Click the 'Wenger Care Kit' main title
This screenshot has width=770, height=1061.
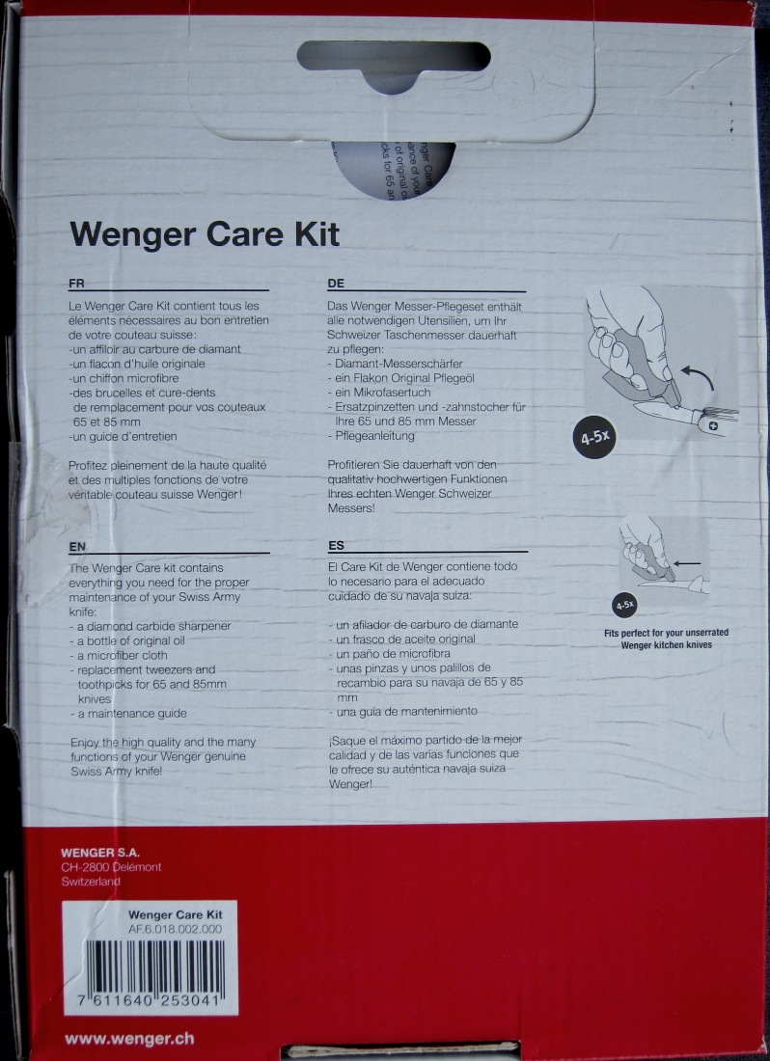(x=205, y=234)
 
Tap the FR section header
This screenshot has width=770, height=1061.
(x=76, y=284)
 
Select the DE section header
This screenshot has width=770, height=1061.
(x=336, y=284)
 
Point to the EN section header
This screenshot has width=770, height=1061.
(x=77, y=546)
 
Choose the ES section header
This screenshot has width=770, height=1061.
(x=337, y=545)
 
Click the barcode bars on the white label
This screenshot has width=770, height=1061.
(x=151, y=966)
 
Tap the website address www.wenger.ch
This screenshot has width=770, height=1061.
(x=129, y=1039)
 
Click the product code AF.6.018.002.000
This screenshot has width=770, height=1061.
(x=175, y=929)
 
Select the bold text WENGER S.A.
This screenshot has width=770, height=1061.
(x=100, y=853)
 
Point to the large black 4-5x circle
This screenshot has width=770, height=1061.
(x=594, y=437)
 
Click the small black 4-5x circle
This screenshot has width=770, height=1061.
(x=624, y=605)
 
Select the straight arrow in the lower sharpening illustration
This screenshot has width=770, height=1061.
(x=686, y=563)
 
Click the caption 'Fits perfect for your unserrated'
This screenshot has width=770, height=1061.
(x=667, y=633)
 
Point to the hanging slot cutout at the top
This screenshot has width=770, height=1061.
(x=394, y=63)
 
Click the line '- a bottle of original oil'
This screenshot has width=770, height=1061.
(x=127, y=640)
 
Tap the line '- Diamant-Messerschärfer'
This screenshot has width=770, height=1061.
(x=396, y=364)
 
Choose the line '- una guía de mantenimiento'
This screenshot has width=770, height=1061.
(x=403, y=711)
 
